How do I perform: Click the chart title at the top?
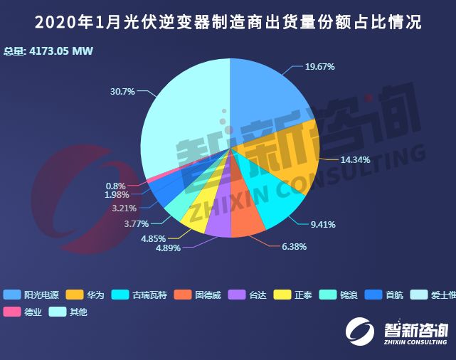(x=228, y=23)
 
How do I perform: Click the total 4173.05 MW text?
(x=48, y=51)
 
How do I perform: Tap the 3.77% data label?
(x=137, y=223)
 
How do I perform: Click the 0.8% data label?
(x=115, y=184)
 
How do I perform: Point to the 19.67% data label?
(x=319, y=66)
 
